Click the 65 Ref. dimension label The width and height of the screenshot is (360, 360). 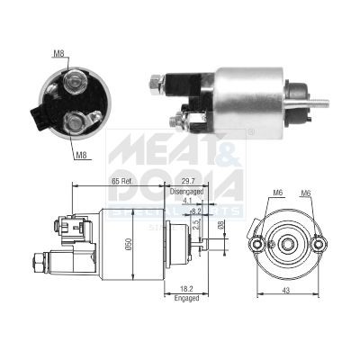128,181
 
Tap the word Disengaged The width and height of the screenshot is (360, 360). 187,192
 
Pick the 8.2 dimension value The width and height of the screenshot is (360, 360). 195,211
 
